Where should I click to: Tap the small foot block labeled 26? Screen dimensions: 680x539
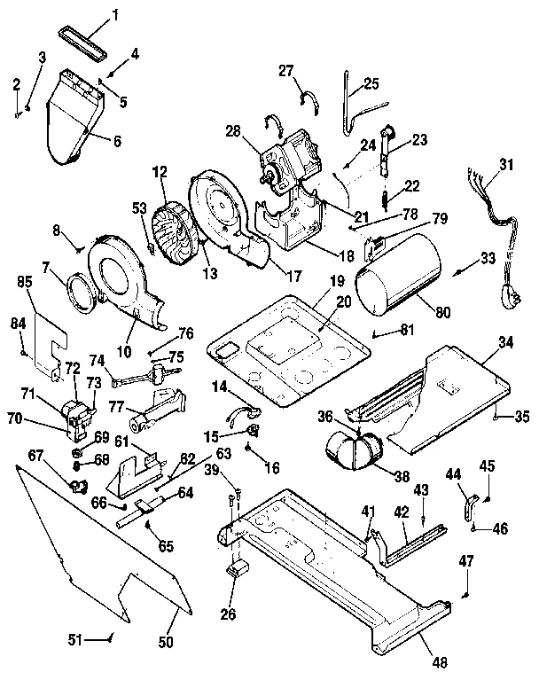pos(236,569)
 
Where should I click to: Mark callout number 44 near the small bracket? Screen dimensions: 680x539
pos(453,475)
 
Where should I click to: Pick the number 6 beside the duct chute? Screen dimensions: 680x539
pos(116,140)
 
